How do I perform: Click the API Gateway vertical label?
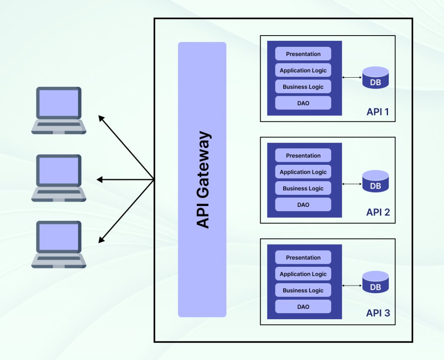202,180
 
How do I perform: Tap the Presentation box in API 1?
303,54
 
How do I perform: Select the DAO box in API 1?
303,103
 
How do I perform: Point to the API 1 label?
378,112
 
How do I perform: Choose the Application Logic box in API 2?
303,172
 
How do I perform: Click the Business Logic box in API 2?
303,188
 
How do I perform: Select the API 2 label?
378,212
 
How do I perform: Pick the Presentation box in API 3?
303,257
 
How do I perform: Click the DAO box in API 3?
303,307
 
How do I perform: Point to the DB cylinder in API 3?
375,282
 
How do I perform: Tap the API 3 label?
378,313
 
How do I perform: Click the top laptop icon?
59,110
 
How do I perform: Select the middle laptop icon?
59,178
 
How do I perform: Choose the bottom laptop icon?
59,244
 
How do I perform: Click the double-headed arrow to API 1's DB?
352,78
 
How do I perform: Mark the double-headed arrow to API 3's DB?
352,285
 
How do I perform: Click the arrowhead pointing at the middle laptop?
99,180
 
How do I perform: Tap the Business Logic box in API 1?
303,87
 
